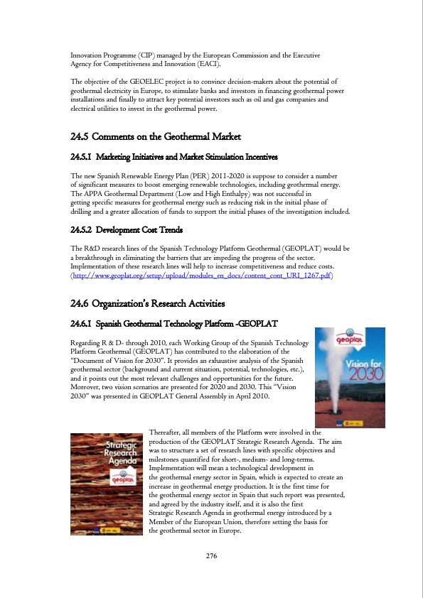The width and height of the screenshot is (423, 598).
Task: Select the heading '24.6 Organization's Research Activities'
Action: (148, 305)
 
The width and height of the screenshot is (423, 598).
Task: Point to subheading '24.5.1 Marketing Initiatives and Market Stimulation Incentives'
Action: (174, 156)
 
